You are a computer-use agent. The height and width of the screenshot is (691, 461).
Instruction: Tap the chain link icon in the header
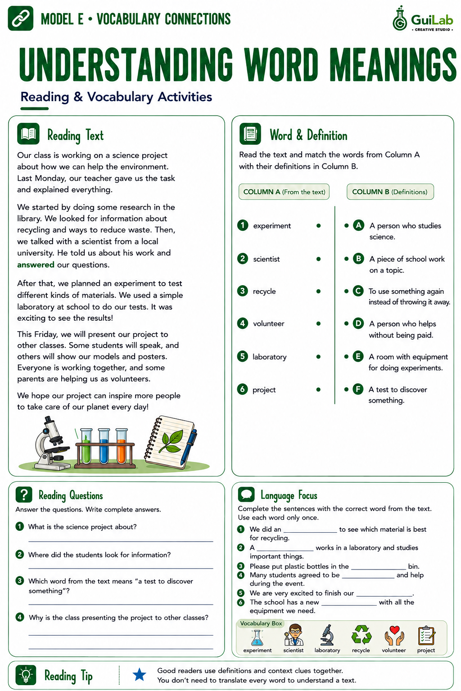20,18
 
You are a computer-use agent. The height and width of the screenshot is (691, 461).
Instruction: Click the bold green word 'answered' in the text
36,265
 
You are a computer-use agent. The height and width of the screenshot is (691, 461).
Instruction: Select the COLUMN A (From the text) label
284,192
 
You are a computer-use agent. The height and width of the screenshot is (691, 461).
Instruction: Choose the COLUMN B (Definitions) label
390,192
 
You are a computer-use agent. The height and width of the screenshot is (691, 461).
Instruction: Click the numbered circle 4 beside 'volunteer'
243,323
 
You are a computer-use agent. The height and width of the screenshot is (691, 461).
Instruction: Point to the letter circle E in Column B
358,357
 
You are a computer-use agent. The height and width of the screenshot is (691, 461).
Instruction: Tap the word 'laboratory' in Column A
270,357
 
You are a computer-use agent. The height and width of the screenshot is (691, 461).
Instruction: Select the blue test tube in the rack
104,446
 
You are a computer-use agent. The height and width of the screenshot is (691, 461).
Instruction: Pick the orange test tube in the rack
122,446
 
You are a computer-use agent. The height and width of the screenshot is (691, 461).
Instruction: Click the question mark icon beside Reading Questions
24,494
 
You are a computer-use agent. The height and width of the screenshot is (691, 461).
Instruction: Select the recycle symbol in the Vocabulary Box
361,635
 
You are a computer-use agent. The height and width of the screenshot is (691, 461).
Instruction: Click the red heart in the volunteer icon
394,630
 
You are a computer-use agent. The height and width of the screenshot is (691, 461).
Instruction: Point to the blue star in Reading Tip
139,674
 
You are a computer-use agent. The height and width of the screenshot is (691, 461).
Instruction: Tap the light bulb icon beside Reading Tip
26,675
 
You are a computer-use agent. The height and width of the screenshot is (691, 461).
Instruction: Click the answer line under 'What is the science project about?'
121,541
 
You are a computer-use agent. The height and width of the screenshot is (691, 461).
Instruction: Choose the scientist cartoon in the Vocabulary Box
294,635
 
